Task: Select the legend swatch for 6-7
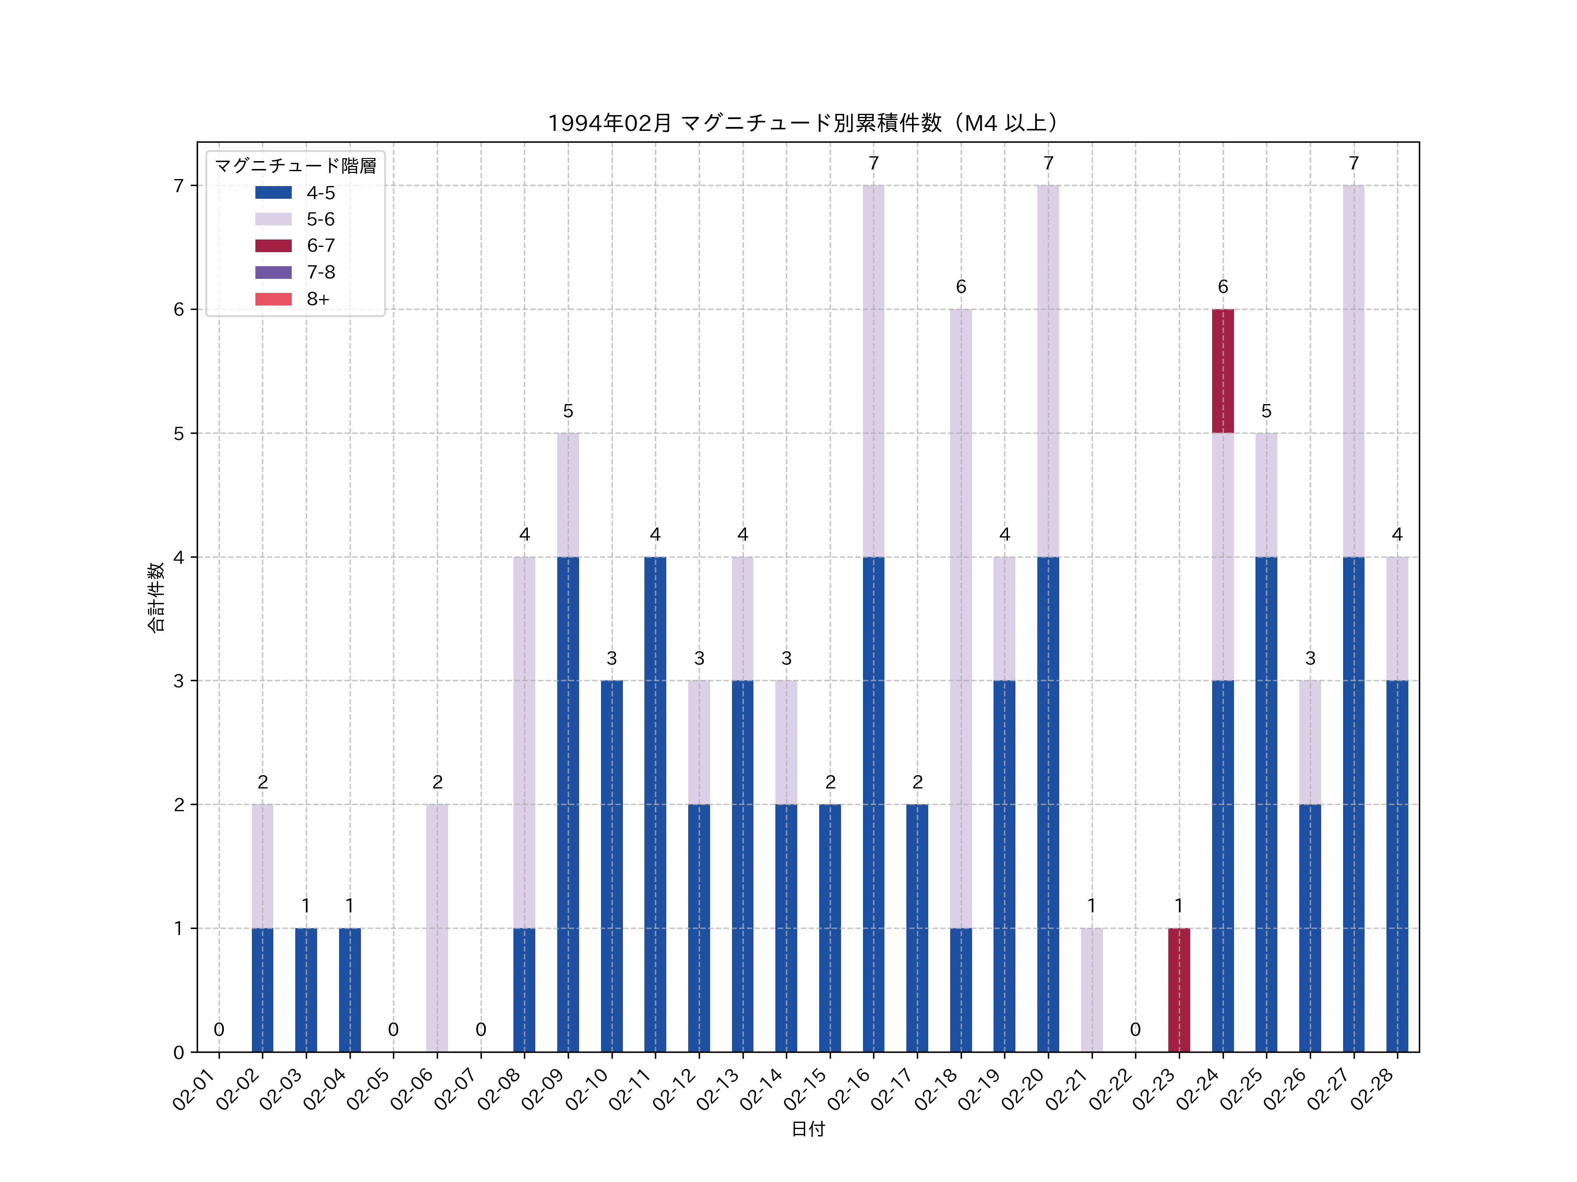273,246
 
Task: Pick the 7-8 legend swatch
273,272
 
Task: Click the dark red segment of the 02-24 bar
1223,371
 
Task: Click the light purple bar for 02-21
1092,990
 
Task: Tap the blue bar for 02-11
655,804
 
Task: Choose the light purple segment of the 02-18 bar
961,619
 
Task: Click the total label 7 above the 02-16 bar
873,163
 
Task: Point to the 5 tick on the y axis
178,433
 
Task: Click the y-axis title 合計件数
156,597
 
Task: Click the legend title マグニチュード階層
295,166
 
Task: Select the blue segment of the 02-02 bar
262,990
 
